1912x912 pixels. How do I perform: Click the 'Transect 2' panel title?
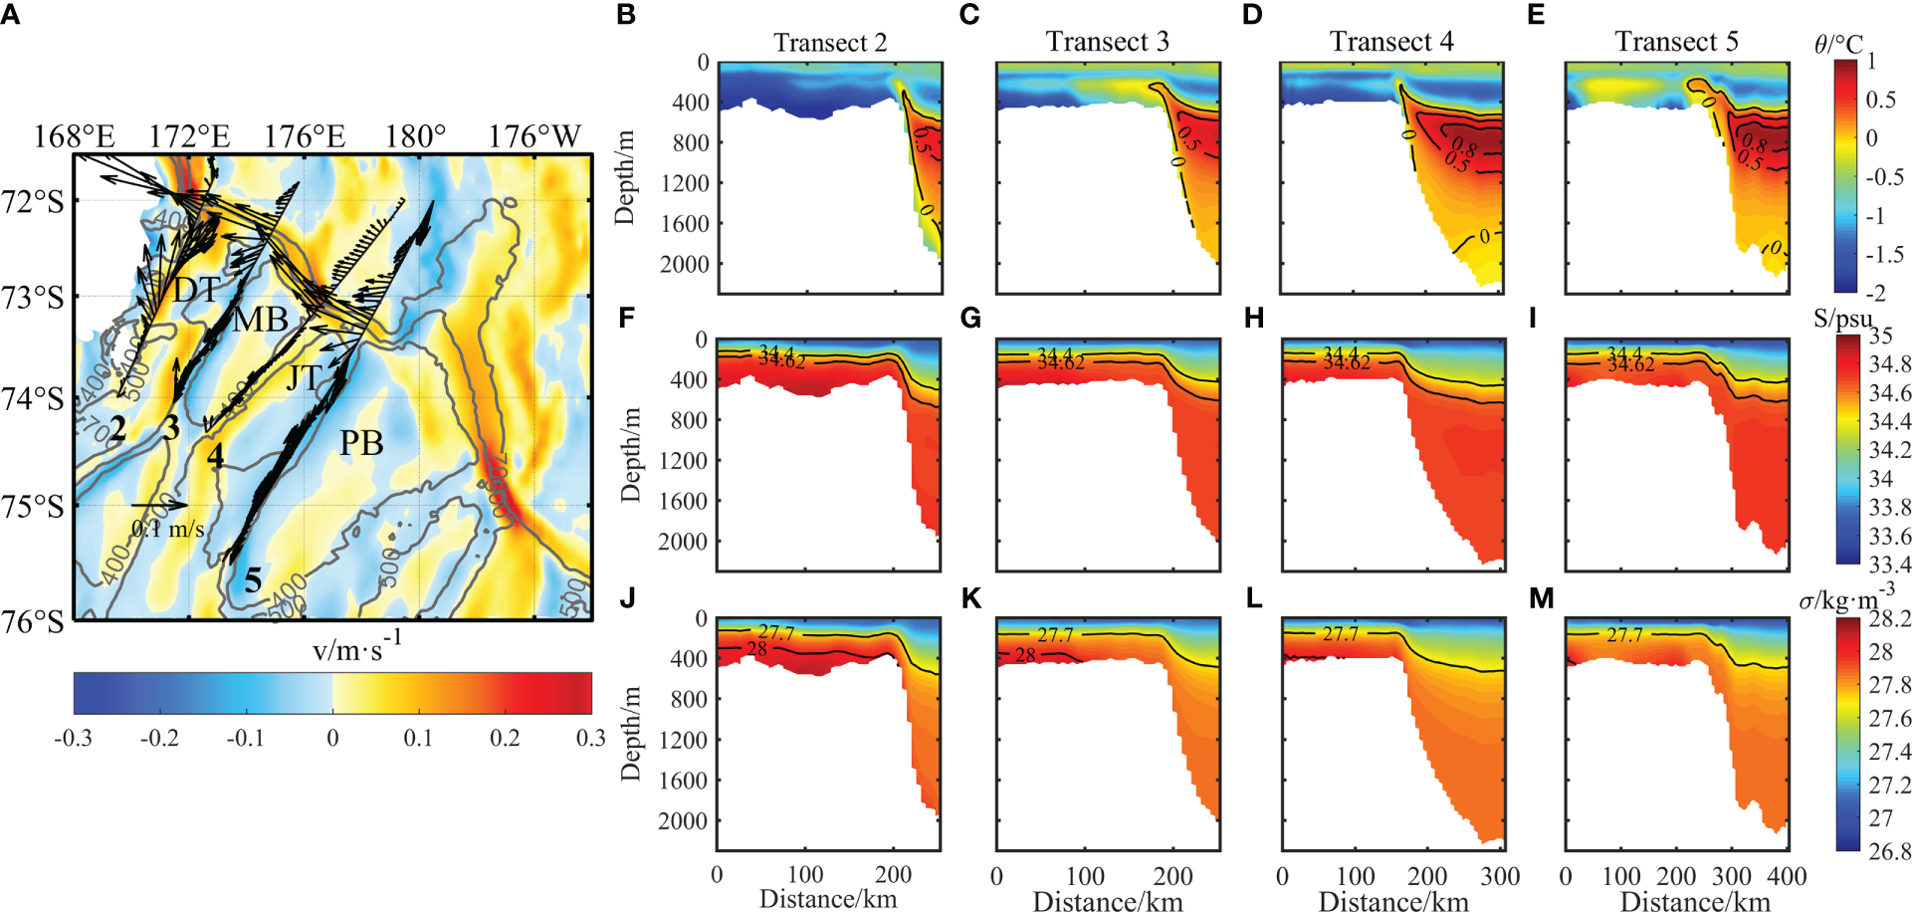829,43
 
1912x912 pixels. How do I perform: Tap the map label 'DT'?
197,290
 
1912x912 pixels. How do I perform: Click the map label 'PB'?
361,443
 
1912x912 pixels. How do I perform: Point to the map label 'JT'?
305,377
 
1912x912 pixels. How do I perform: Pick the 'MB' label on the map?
261,320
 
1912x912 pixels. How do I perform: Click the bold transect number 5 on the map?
254,580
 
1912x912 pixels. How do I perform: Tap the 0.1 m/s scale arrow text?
168,529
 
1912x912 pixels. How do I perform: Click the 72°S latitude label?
33,202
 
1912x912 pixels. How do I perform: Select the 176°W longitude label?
533,136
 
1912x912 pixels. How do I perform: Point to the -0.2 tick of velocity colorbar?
159,738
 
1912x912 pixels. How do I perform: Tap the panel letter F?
626,319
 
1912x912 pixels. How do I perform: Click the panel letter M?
1541,598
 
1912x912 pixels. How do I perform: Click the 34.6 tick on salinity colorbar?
1889,392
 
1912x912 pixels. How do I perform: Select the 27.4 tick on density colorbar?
1889,752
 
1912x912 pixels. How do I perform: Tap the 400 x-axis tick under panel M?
1787,876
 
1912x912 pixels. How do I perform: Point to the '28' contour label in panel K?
1025,655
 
